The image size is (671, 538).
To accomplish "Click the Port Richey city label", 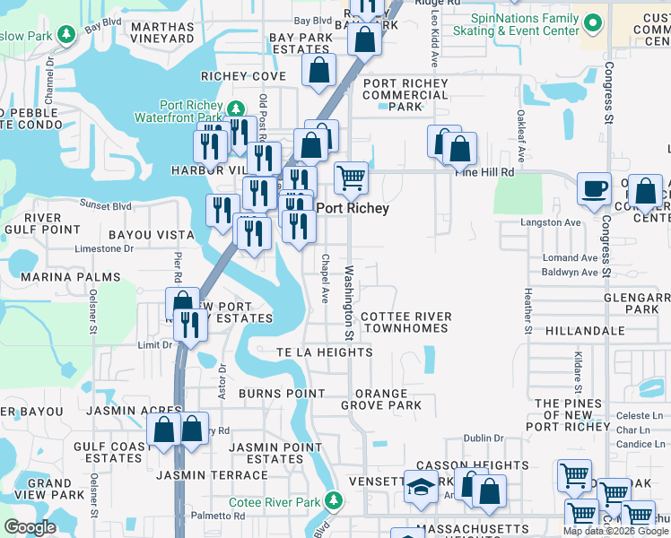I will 353,208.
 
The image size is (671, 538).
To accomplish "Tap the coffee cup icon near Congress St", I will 594,189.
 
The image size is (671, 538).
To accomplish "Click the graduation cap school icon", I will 419,487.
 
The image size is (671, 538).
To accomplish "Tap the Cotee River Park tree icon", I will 334,499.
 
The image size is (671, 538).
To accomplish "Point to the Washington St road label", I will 348,302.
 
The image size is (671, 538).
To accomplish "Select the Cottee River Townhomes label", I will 405,323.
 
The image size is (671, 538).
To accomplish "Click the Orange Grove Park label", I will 381,399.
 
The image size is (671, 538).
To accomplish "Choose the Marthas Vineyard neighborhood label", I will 162,32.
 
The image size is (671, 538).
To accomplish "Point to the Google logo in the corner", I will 30,527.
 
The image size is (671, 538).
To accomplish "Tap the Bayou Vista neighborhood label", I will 151,235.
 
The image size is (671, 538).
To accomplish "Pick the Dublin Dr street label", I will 484,438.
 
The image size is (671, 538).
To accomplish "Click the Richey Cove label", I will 243,76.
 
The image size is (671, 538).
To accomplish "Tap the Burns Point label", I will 282,394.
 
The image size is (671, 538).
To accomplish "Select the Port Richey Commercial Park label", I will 405,94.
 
